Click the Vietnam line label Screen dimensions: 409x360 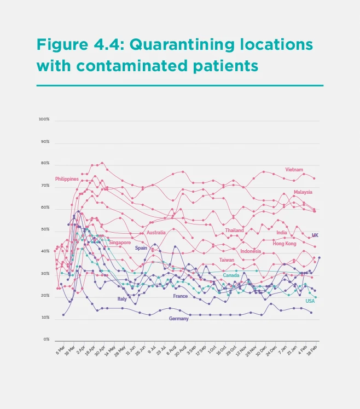(294, 170)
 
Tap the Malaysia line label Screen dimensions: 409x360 (303, 192)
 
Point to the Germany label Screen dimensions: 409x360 (178, 319)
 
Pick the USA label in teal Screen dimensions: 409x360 (310, 301)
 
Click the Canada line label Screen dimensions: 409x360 (231, 275)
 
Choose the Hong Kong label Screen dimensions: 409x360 (284, 243)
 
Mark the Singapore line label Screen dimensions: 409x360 (120, 243)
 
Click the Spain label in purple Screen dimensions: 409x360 (141, 248)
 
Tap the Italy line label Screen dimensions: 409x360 (122, 299)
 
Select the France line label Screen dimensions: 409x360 (181, 296)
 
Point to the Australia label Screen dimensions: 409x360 (156, 233)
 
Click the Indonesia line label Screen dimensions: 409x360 (251, 251)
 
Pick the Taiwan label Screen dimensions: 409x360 (227, 260)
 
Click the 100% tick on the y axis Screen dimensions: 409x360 (44, 119)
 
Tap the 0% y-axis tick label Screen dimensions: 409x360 (46, 339)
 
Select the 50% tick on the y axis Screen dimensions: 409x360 (45, 229)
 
